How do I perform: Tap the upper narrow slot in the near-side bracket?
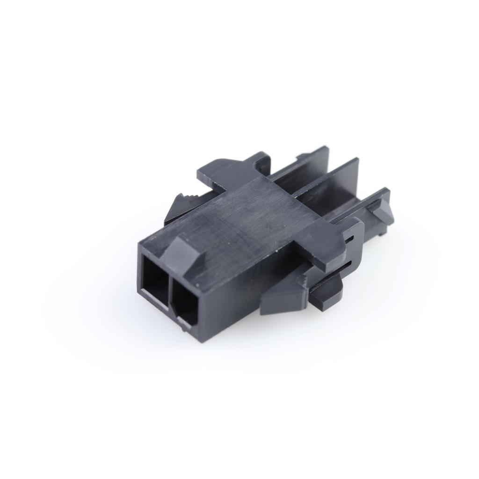tap(349, 239)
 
